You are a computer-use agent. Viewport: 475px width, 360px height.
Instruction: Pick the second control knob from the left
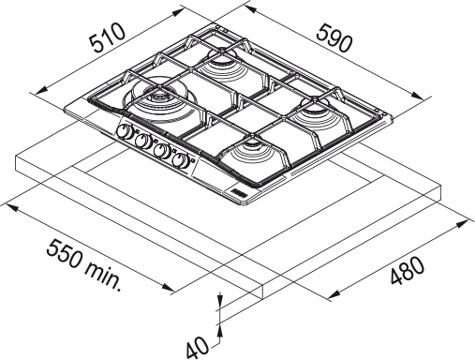pyautogui.click(x=142, y=142)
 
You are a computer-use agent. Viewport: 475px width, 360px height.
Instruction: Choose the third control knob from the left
pyautogui.click(x=162, y=150)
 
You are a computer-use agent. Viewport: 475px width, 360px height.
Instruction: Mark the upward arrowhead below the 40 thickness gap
pyautogui.click(x=219, y=328)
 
